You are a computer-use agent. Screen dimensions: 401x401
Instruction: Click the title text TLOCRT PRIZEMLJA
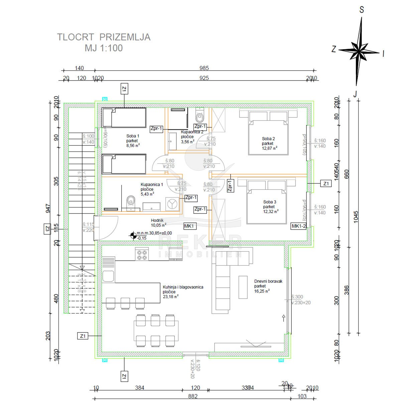point(104,37)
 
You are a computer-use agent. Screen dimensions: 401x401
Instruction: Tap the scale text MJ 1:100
point(104,48)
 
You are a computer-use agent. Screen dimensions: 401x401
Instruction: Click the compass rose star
point(359,52)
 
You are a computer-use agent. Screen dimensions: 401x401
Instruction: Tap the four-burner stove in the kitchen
point(141,255)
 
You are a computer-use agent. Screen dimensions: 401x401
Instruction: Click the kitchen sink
point(108,276)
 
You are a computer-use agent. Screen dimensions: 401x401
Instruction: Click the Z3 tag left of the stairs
point(47,229)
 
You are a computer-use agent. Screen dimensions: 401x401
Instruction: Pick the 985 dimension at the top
point(204,68)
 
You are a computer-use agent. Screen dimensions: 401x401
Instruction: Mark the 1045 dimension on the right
point(356,217)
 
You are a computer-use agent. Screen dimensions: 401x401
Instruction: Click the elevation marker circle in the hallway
point(133,236)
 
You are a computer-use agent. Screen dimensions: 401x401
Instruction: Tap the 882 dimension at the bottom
point(193,396)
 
